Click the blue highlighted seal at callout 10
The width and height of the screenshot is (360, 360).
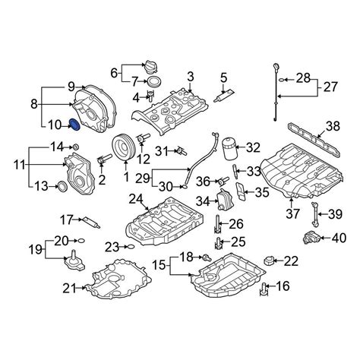74,125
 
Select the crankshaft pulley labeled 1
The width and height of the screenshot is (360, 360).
122,148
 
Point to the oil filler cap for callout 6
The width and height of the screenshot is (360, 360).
150,68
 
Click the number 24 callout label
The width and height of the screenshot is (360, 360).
136,199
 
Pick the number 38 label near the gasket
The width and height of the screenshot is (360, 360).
333,126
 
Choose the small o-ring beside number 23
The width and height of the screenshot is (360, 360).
131,246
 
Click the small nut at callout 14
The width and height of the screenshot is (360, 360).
76,147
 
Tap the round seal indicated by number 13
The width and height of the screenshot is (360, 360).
62,186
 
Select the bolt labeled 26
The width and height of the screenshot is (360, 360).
217,223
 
